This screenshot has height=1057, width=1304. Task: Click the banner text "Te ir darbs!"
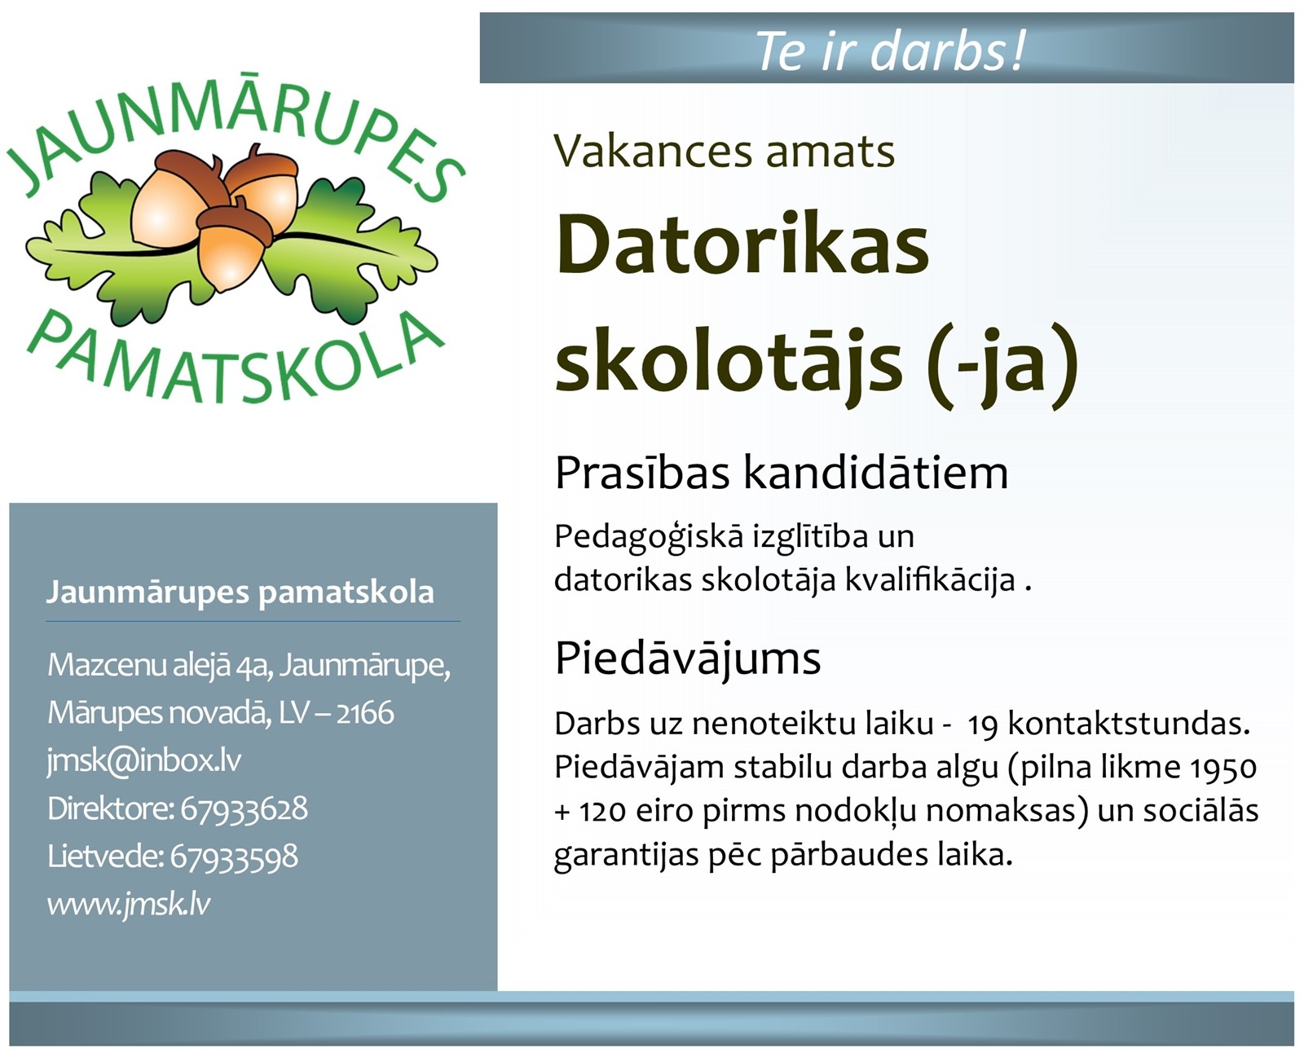coord(889,50)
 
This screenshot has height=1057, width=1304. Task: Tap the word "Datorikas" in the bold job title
coord(742,244)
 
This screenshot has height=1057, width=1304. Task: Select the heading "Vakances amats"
coord(724,152)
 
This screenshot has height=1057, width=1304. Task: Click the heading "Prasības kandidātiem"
coord(781,473)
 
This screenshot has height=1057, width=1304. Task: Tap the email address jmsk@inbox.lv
coord(144,761)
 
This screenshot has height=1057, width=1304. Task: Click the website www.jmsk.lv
coord(129,904)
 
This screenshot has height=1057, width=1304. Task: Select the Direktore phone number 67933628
coord(244,808)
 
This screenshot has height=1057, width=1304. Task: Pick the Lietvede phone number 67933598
coord(234,857)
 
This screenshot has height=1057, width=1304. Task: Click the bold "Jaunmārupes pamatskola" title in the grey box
coord(240,592)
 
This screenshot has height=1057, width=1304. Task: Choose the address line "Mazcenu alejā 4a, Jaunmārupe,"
coord(249,665)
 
